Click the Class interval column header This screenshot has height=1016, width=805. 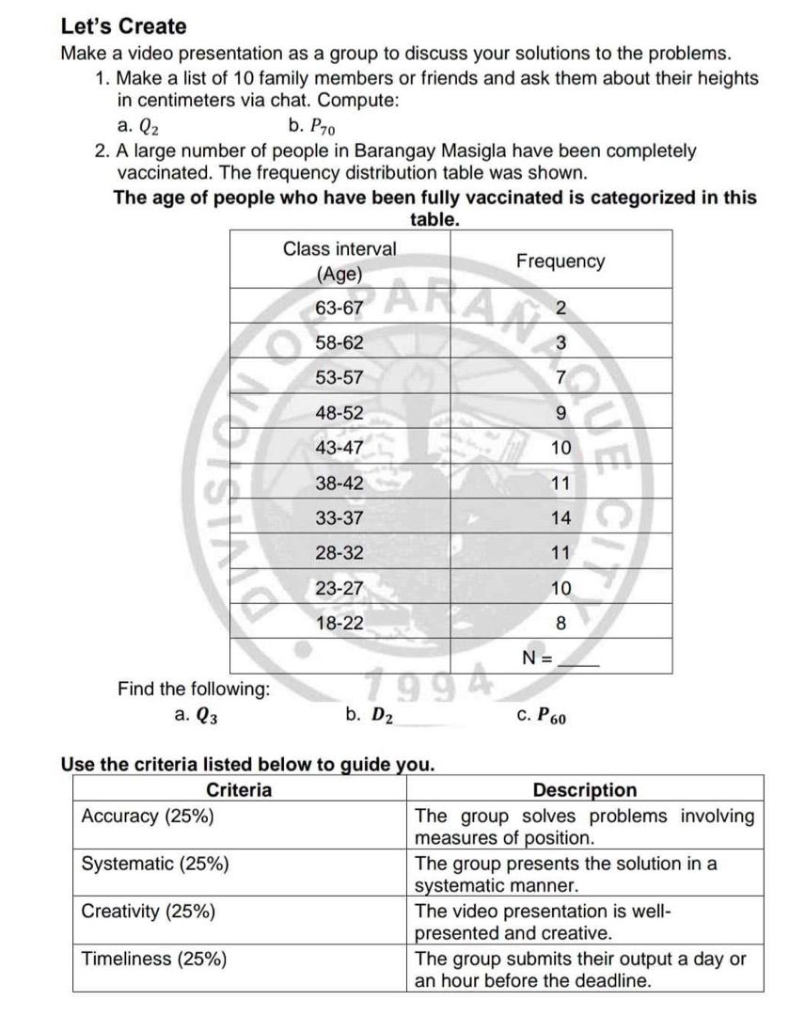click(x=339, y=261)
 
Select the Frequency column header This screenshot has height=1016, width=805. click(x=560, y=261)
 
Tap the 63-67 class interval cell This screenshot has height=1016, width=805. click(x=339, y=309)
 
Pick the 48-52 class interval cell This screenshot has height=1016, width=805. click(x=339, y=412)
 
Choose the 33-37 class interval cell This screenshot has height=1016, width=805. click(x=339, y=517)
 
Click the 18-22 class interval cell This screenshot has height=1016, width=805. click(x=339, y=622)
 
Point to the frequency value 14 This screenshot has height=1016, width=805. click(x=560, y=517)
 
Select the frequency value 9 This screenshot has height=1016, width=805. click(x=560, y=412)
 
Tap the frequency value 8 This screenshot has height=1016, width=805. click(x=560, y=622)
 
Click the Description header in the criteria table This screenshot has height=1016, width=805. click(x=584, y=790)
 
